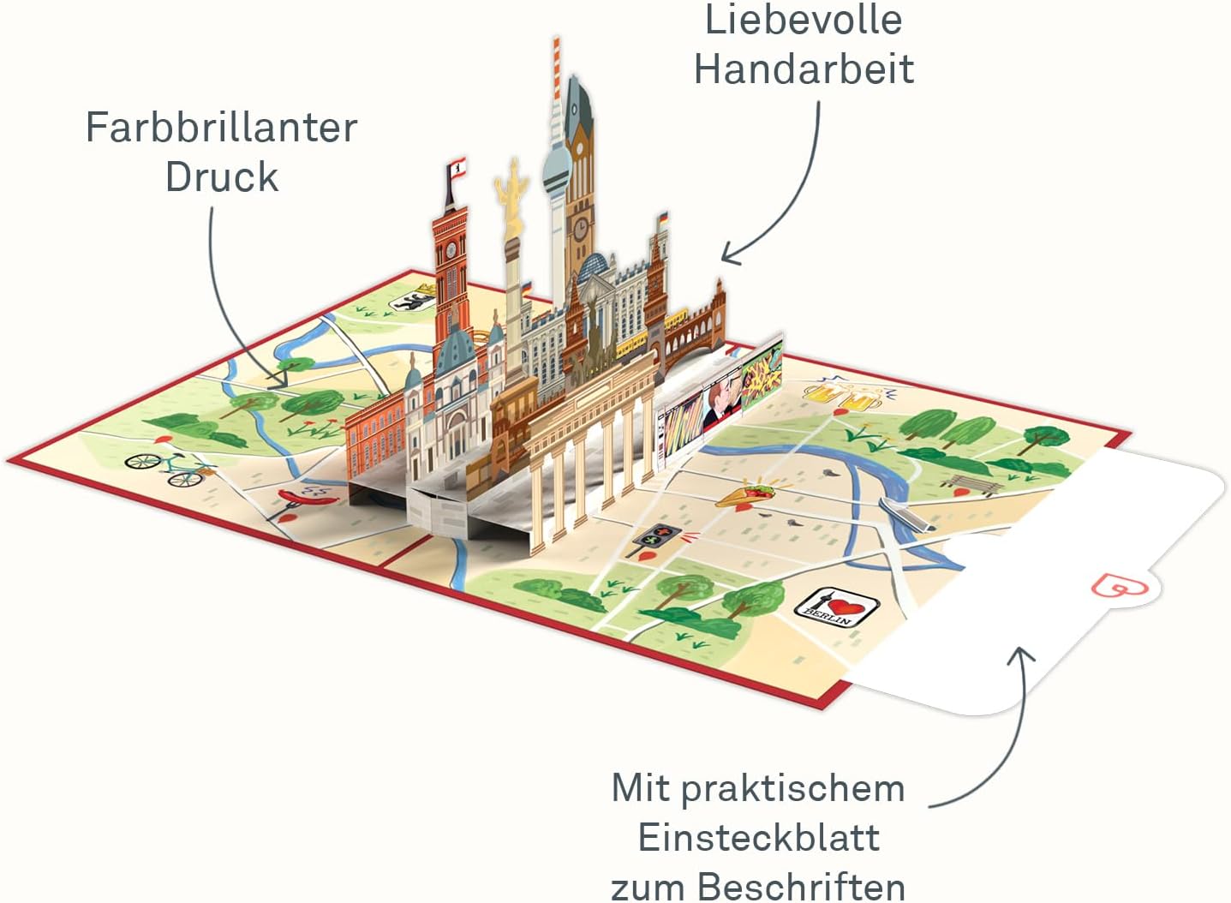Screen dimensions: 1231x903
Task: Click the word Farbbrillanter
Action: click(222, 128)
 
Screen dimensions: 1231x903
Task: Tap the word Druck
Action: click(222, 177)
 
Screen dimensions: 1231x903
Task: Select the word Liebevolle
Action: click(804, 20)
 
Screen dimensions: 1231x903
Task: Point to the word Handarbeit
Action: click(804, 69)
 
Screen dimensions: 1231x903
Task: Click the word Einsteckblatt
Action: click(759, 838)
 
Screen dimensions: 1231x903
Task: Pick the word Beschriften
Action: click(801, 887)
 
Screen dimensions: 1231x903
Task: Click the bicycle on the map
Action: click(170, 469)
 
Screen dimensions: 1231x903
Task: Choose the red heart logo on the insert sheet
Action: click(1120, 585)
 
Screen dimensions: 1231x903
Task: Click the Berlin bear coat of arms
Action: click(411, 301)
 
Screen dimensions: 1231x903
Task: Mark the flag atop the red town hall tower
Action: click(457, 168)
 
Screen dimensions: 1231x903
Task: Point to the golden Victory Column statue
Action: click(511, 197)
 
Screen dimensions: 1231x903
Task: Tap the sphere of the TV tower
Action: click(557, 166)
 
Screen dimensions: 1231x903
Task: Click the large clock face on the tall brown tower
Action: click(581, 228)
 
